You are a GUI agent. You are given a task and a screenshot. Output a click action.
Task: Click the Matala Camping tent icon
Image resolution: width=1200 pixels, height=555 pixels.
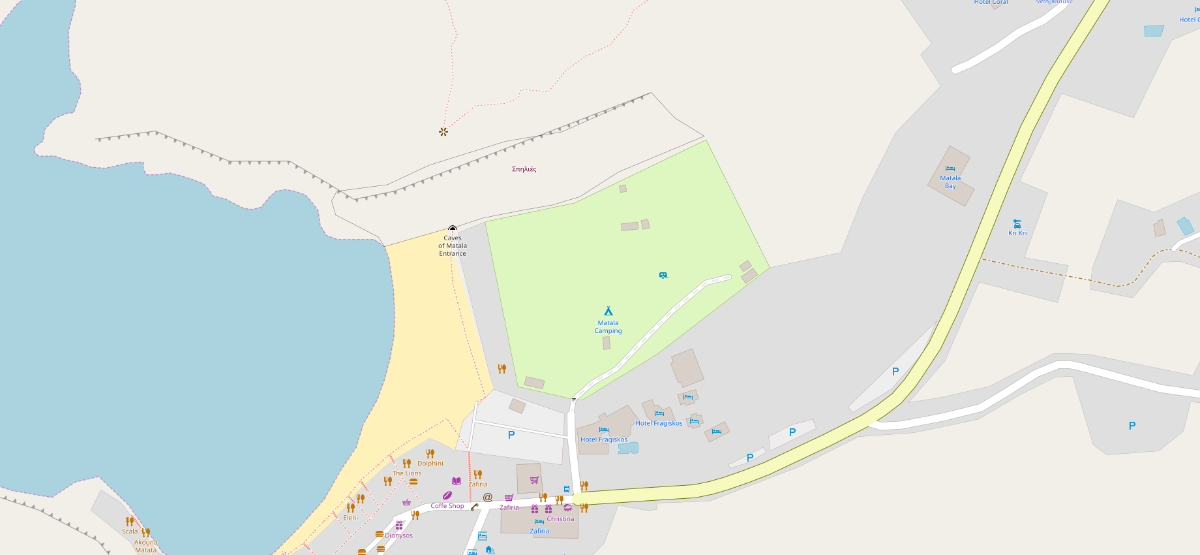pos(608,311)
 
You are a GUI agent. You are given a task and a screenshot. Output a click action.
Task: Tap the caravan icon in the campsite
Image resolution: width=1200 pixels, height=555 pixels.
pos(663,276)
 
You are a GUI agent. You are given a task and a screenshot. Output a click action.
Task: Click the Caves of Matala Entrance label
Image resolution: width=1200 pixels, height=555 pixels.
pos(453,246)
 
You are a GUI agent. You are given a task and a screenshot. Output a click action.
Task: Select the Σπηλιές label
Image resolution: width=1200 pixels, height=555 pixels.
pos(524,169)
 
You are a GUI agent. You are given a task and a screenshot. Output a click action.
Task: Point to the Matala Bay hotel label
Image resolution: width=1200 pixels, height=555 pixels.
pos(950,182)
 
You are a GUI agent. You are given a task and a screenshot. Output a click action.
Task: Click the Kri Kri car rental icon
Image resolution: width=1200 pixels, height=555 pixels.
pos(1017,224)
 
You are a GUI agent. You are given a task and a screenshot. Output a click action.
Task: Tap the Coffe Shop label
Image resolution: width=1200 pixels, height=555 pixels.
pos(447,506)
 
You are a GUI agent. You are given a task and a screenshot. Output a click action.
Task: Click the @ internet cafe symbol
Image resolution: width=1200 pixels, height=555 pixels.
pos(487,498)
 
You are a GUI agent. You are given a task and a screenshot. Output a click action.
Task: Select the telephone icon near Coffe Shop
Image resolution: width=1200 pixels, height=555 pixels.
pos(474,507)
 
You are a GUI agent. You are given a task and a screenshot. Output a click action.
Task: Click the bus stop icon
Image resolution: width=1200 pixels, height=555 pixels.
pos(566,488)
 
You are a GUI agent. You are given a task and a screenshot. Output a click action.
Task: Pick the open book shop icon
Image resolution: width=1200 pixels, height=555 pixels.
pos(457,481)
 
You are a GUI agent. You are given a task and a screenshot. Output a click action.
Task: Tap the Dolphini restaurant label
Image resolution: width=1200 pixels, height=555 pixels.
pos(430,464)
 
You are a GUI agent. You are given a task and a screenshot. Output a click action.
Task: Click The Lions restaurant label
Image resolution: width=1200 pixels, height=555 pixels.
pos(407,473)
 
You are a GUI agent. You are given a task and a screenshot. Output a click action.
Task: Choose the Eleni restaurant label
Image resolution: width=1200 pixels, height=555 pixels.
pos(351,518)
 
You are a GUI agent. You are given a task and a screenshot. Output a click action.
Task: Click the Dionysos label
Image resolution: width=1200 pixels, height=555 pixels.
pos(398,535)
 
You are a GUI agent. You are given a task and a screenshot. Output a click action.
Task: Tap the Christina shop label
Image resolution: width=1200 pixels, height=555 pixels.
pos(560,519)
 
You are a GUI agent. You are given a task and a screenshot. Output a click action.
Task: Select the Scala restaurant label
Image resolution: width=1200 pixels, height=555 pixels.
pos(130,531)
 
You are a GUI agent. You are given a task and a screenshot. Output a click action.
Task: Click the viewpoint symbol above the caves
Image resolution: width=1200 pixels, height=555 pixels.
pos(443,132)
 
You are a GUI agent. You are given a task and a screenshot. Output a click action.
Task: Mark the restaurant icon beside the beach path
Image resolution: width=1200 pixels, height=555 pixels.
pos(502,369)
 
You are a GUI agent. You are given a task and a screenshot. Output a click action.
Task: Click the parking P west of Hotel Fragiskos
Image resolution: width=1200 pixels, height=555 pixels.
pos(511,435)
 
